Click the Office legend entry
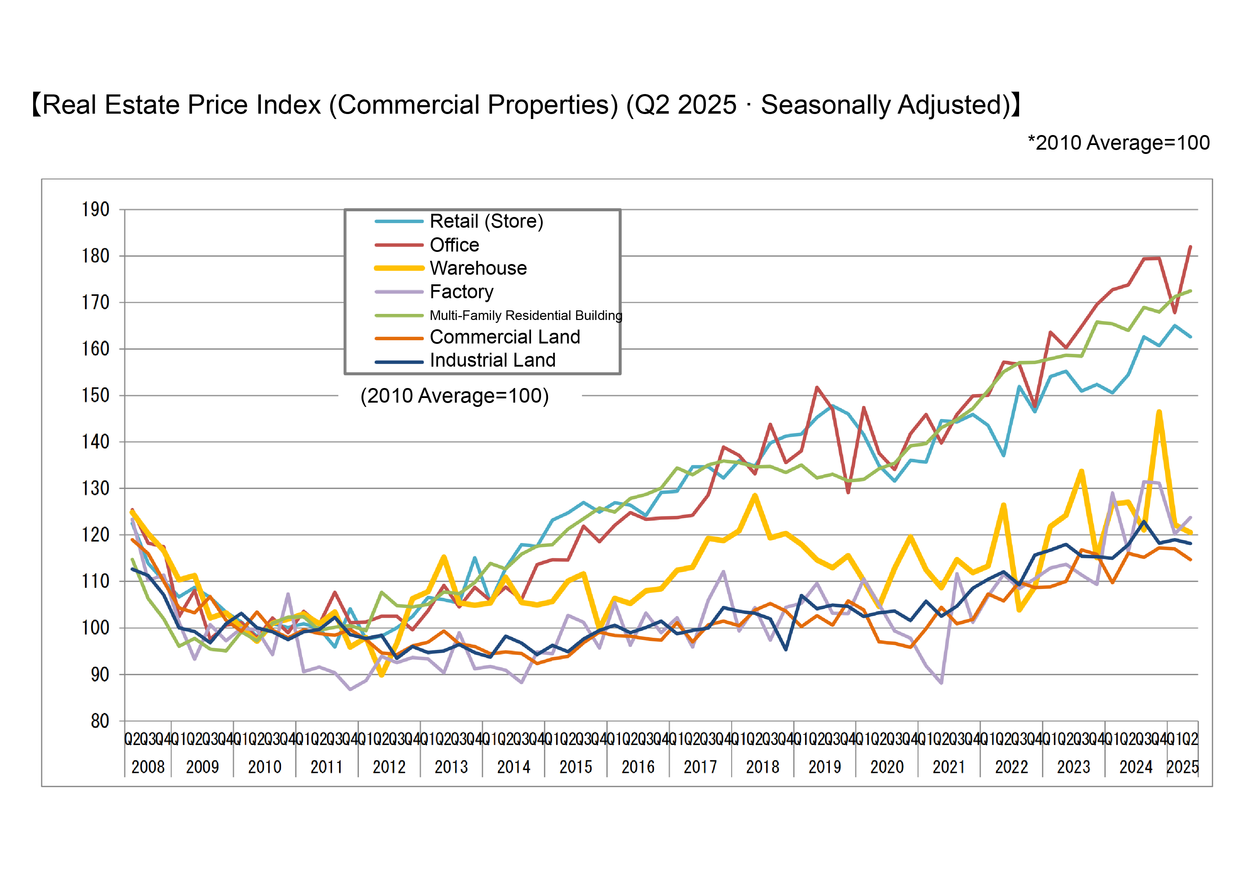pos(454,245)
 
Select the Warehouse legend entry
pos(478,268)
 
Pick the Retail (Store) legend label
pos(486,222)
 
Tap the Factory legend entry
pos(461,292)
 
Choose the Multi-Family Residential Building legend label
pos(525,316)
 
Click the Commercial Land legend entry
pos(505,337)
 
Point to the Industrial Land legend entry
pos(492,360)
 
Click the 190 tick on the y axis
pos(96,210)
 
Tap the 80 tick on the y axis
pos(100,721)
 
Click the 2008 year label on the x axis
pos(148,767)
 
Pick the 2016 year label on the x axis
pos(638,767)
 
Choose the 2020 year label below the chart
pos(887,767)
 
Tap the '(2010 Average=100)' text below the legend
pos(455,396)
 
